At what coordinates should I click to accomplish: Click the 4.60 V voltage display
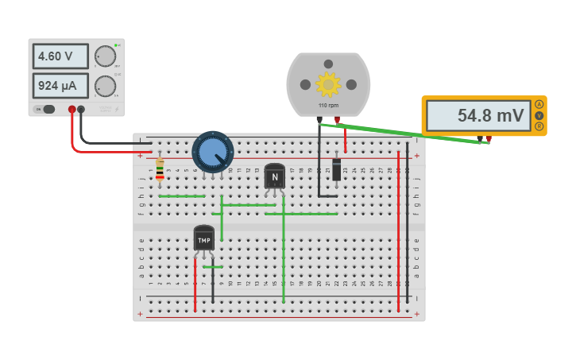pyautogui.click(x=60, y=56)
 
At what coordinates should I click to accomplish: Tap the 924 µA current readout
pyautogui.click(x=60, y=86)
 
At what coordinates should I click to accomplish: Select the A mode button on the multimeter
pyautogui.click(x=539, y=104)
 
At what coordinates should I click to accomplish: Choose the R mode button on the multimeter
pyautogui.click(x=539, y=126)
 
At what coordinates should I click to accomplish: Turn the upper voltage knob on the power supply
pyautogui.click(x=104, y=56)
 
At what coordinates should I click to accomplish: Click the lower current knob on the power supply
pyautogui.click(x=104, y=86)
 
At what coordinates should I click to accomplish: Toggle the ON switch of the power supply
pyautogui.click(x=46, y=109)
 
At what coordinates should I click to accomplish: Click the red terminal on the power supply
pyautogui.click(x=72, y=110)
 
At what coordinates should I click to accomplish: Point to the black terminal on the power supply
pyautogui.click(x=81, y=110)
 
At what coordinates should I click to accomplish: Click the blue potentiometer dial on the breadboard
pyautogui.click(x=212, y=152)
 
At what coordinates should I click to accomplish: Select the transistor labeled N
pyautogui.click(x=275, y=176)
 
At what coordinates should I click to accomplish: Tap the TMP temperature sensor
pyautogui.click(x=204, y=238)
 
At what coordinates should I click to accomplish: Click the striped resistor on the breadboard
pyautogui.click(x=160, y=168)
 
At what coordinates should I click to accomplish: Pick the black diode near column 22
pyautogui.click(x=337, y=169)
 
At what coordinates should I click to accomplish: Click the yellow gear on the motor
pyautogui.click(x=328, y=83)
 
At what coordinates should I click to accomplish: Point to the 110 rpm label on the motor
pyautogui.click(x=328, y=105)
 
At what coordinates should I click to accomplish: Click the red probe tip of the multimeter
pyautogui.click(x=489, y=139)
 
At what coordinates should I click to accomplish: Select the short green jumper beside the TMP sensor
pyautogui.click(x=212, y=267)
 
